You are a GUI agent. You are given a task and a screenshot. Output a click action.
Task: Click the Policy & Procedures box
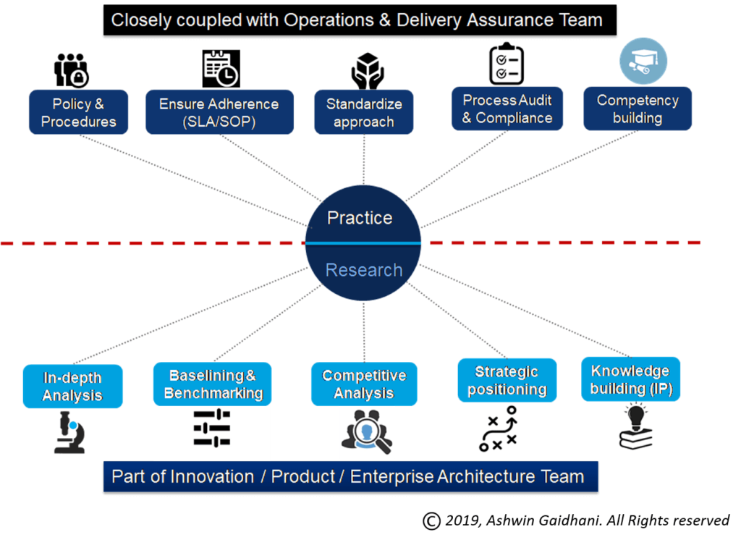[x=78, y=112]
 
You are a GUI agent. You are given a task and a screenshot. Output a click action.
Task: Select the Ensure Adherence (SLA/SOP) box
[x=219, y=112]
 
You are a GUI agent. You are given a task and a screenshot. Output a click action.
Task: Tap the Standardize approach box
[x=364, y=112]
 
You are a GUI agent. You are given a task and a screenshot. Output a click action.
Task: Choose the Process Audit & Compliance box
[x=507, y=109]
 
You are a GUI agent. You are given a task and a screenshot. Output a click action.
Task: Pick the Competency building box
[x=638, y=109]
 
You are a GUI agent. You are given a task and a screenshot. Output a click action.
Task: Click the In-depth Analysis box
[x=73, y=387]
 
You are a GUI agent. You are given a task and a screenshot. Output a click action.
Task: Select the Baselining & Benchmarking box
[x=213, y=384]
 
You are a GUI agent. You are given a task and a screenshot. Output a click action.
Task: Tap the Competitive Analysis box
[x=364, y=384]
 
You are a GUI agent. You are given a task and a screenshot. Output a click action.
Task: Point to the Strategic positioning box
[x=507, y=380]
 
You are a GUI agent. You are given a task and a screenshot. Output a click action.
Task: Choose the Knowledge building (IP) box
[x=630, y=379]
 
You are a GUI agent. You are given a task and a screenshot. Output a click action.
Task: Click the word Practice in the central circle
[x=360, y=218]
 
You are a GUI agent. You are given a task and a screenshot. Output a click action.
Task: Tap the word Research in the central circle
[x=364, y=270]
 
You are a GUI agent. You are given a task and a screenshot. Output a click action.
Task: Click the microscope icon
[x=69, y=433]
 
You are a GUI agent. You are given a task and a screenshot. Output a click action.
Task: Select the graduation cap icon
[x=643, y=62]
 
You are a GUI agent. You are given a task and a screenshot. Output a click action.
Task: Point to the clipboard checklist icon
[x=507, y=64]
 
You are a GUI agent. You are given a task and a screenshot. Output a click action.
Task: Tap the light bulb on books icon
[x=635, y=427]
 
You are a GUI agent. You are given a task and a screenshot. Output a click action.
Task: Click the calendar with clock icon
[x=221, y=69]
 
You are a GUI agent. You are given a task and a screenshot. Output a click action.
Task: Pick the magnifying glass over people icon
[x=367, y=431]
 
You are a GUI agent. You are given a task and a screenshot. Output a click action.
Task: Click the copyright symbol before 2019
[x=431, y=521]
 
